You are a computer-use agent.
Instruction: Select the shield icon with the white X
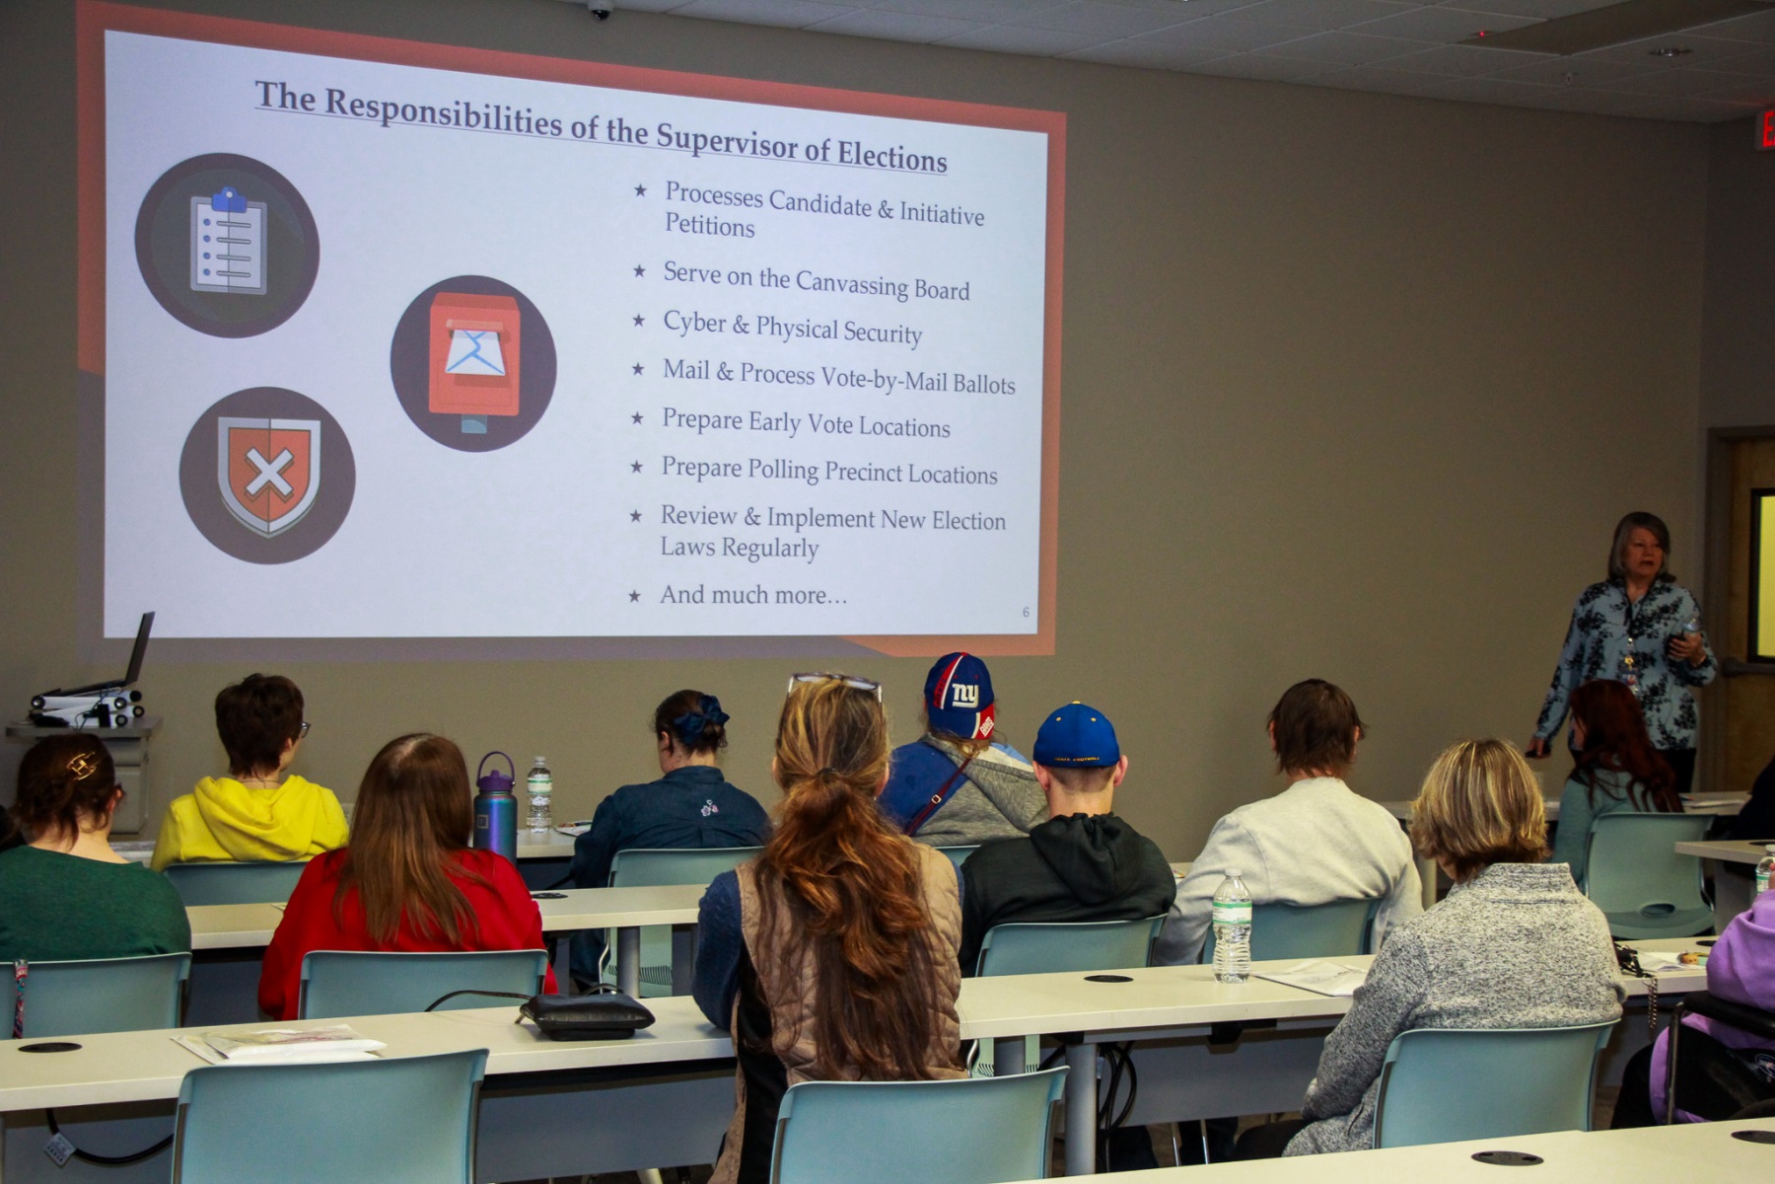pyautogui.click(x=267, y=476)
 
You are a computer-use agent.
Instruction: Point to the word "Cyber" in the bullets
pyautogui.click(x=694, y=323)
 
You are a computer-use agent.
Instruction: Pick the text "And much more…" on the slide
pyautogui.click(x=752, y=595)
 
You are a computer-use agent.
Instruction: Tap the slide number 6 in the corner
pyautogui.click(x=1026, y=613)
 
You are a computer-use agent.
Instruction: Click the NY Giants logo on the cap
pyautogui.click(x=965, y=695)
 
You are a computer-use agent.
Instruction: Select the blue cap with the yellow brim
pyautogui.click(x=1076, y=736)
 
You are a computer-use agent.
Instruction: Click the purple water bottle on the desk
pyautogui.click(x=495, y=807)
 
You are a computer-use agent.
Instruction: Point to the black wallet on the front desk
pyautogui.click(x=587, y=1015)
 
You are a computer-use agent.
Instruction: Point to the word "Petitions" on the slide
pyautogui.click(x=709, y=226)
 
